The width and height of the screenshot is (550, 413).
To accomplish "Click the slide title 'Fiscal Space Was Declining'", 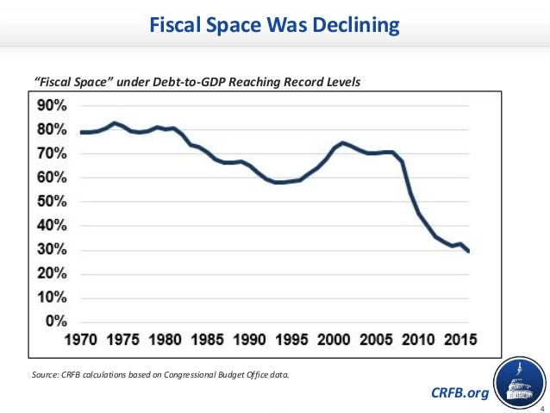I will point(275,25).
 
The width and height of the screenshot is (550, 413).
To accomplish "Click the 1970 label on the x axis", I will point(84,339).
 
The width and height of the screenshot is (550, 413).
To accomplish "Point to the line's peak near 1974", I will point(114,123).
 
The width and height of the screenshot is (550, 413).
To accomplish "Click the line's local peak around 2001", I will point(343,142).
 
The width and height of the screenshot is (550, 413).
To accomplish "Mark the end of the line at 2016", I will point(469,251).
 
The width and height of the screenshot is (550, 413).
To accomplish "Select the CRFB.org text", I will point(459,393).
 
